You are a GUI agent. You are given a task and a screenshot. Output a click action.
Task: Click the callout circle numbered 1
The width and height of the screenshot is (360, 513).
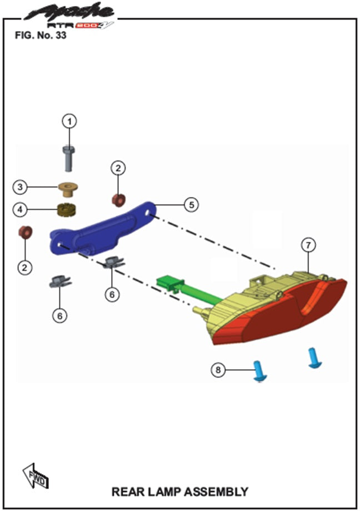pos(69,121)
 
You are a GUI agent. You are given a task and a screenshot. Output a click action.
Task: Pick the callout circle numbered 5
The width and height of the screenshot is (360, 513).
pos(191,205)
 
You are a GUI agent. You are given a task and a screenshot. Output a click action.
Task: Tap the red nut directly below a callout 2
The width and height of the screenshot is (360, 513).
pos(118,199)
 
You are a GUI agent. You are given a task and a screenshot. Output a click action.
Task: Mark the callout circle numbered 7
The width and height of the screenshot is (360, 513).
pos(308,244)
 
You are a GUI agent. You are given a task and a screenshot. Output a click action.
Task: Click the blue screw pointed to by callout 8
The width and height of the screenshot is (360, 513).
pos(259,370)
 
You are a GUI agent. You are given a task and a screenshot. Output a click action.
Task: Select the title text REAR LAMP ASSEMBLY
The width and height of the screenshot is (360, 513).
pos(179,491)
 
